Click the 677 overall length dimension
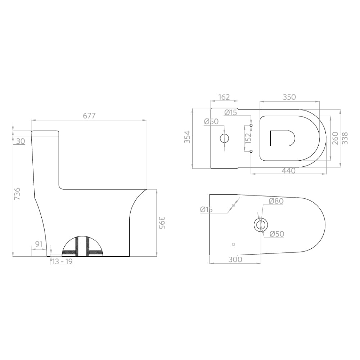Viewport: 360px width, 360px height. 89,116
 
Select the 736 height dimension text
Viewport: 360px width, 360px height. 17,194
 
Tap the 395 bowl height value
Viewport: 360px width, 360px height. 162,223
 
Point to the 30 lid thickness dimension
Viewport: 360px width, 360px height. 21,141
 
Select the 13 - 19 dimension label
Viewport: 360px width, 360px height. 62,262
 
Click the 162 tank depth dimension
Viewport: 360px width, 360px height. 224,97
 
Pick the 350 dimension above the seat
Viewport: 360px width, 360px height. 289,97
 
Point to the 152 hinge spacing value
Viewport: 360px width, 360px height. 248,138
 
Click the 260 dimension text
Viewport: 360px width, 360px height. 334,138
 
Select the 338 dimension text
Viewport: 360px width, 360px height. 345,138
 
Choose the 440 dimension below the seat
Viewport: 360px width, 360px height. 289,171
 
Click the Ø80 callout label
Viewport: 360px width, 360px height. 276,201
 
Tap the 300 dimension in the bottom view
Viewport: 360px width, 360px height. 235,259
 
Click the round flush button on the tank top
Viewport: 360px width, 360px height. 224,138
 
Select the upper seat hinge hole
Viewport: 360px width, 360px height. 251,125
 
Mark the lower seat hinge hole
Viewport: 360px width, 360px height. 251,151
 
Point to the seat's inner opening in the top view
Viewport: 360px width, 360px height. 282,138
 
